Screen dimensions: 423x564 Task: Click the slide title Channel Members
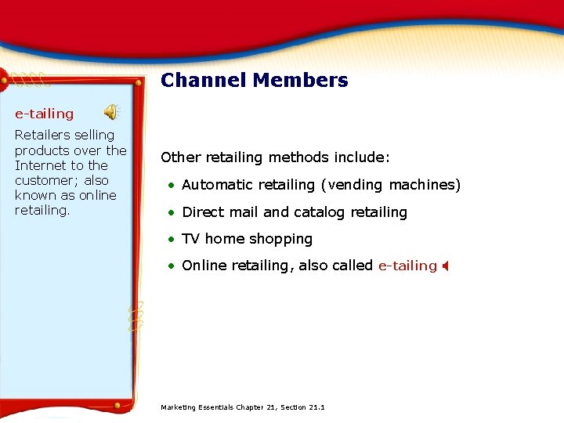(255, 81)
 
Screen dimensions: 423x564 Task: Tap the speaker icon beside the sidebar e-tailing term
(113, 112)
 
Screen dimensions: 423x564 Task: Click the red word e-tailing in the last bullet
(407, 266)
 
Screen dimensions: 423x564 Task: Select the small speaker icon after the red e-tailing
(444, 266)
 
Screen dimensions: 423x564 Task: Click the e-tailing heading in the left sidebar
(44, 114)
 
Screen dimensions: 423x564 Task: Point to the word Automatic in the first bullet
(212, 185)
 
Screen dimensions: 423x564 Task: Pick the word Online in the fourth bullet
(203, 266)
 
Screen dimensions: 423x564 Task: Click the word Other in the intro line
(178, 157)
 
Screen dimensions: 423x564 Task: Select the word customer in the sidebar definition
(45, 180)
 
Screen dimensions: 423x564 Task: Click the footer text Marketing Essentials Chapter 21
(242, 407)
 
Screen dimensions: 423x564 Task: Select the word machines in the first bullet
(426, 185)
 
